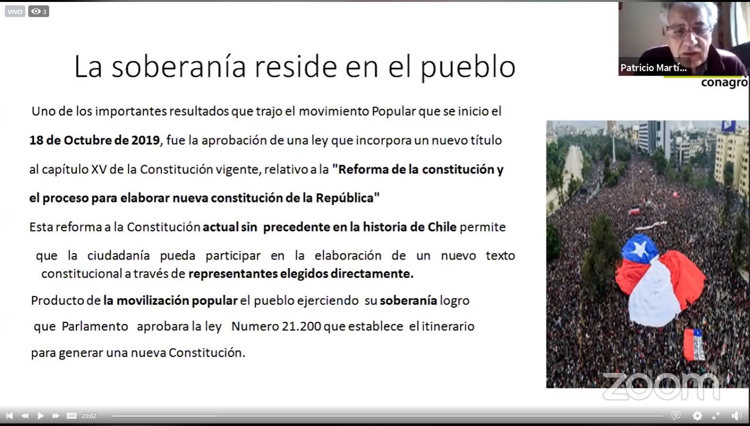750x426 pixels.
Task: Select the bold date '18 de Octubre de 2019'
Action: pyautogui.click(x=94, y=140)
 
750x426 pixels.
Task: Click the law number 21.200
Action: pyautogui.click(x=301, y=326)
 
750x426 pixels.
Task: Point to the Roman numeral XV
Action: pyautogui.click(x=99, y=169)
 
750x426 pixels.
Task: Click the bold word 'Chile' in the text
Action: pyautogui.click(x=441, y=227)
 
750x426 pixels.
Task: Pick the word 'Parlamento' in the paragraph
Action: pyautogui.click(x=95, y=326)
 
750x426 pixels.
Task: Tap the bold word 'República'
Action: pyautogui.click(x=345, y=198)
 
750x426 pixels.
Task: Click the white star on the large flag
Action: pyautogui.click(x=640, y=248)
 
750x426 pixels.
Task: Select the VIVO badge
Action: pyautogui.click(x=15, y=12)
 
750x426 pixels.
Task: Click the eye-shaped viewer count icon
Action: pyautogui.click(x=36, y=11)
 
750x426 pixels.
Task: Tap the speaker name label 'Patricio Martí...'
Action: pyautogui.click(x=653, y=68)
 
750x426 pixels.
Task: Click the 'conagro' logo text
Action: pyautogui.click(x=724, y=82)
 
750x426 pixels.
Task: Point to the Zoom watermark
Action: pyautogui.click(x=661, y=386)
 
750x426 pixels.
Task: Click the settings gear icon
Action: pyautogui.click(x=697, y=416)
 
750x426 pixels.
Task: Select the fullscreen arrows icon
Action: pyautogui.click(x=716, y=416)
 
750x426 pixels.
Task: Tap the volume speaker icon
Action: pyautogui.click(x=736, y=416)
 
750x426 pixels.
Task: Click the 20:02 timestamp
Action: pyautogui.click(x=89, y=416)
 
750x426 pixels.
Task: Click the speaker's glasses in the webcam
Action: pyautogui.click(x=688, y=32)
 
